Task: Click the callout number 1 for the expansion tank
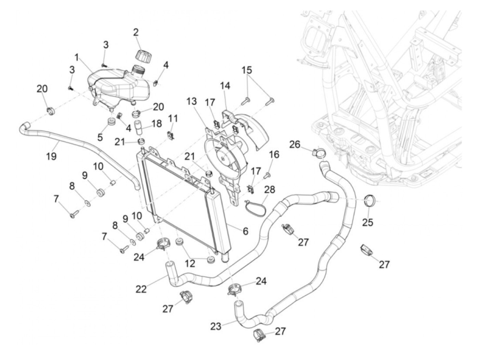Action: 77,57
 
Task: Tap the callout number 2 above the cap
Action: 136,33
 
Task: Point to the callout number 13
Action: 192,101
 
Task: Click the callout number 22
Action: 141,289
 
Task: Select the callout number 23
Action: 216,326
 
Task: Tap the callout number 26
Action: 295,145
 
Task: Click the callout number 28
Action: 270,189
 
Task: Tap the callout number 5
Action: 100,137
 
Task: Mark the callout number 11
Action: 173,119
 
